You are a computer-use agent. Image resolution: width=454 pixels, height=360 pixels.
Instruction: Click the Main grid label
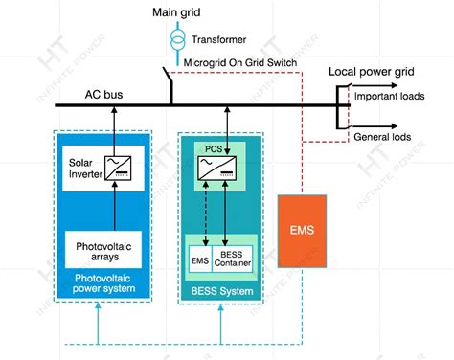(175, 12)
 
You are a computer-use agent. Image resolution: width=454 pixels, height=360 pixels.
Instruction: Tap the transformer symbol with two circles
(175, 39)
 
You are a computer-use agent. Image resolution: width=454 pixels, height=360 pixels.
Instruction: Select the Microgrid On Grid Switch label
(233, 63)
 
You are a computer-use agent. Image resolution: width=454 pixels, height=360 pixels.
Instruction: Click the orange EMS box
(301, 230)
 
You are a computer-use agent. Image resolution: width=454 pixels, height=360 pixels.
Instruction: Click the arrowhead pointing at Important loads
(347, 98)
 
